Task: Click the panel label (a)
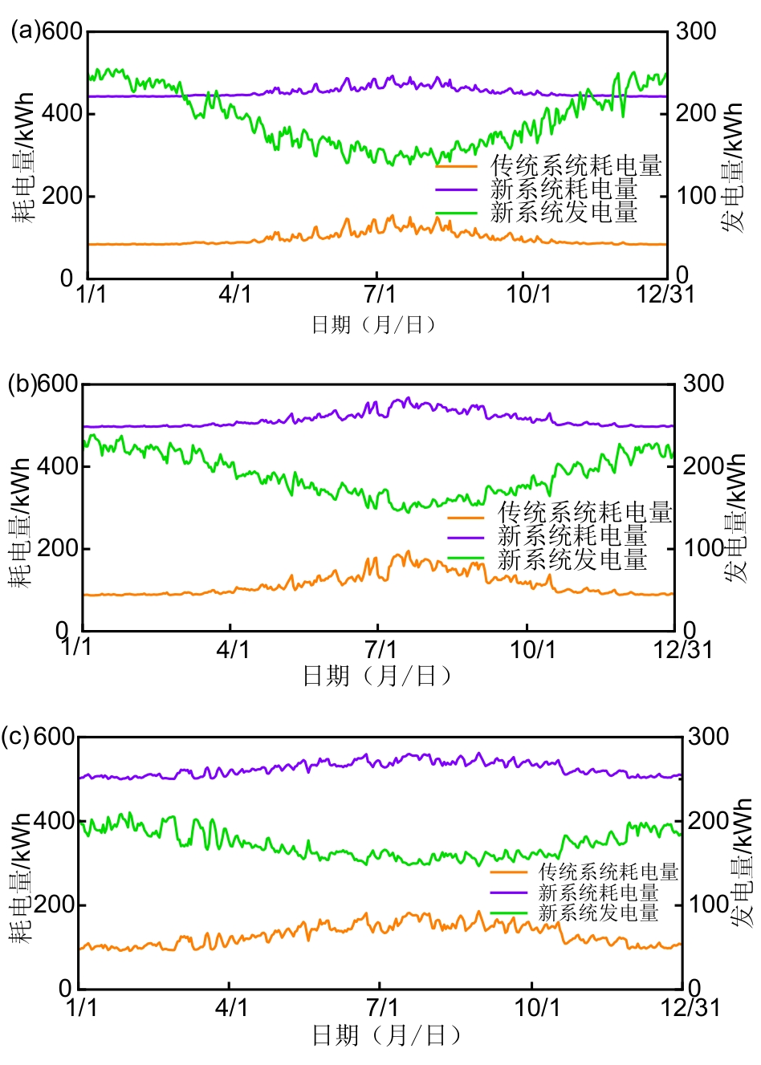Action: (x=24, y=30)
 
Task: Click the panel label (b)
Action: (x=22, y=384)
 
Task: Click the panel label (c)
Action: (x=16, y=736)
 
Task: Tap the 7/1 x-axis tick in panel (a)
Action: (x=380, y=294)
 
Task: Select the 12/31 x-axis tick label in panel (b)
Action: (x=682, y=648)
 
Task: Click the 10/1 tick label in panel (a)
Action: (x=528, y=294)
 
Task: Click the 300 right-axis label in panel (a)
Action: (x=695, y=31)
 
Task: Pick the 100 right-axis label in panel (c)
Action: (x=709, y=904)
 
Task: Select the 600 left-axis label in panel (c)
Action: (x=54, y=737)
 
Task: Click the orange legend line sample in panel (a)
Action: (x=456, y=166)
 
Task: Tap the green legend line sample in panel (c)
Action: (x=509, y=913)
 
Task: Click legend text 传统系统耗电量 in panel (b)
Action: (x=584, y=512)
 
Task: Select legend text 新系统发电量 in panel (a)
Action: (x=564, y=213)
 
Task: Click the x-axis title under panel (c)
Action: (x=389, y=1035)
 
